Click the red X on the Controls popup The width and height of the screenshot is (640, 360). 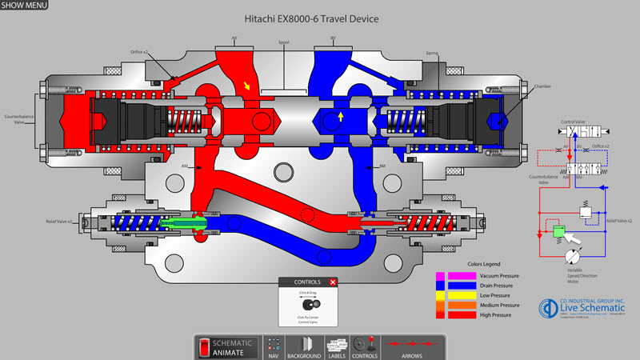[333, 282]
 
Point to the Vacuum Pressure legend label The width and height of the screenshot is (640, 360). [502, 275]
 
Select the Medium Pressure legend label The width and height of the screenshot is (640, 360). [503, 305]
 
